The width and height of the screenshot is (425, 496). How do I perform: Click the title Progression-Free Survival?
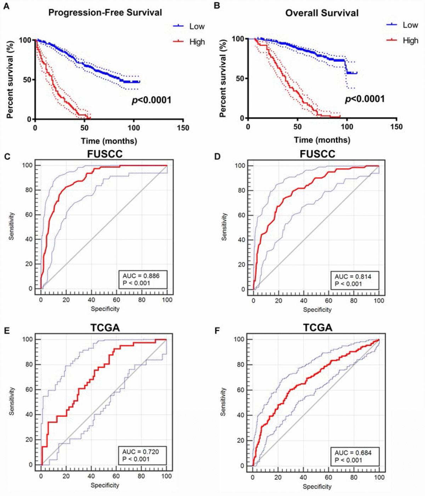click(105, 13)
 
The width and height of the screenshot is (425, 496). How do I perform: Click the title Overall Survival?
click(322, 13)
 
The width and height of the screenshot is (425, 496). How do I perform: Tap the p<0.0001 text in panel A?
click(152, 101)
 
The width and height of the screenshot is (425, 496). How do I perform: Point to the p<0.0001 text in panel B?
click(365, 99)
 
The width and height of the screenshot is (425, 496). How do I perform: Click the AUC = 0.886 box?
click(143, 279)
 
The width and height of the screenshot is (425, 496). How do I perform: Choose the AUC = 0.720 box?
click(142, 455)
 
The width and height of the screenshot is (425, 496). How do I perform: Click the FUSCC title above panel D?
click(317, 154)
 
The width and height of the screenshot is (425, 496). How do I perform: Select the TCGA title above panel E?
click(105, 328)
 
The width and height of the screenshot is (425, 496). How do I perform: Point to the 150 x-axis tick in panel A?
click(183, 128)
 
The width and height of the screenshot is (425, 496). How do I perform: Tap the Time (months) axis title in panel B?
click(322, 140)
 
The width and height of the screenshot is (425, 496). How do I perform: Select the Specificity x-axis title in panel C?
click(105, 309)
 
